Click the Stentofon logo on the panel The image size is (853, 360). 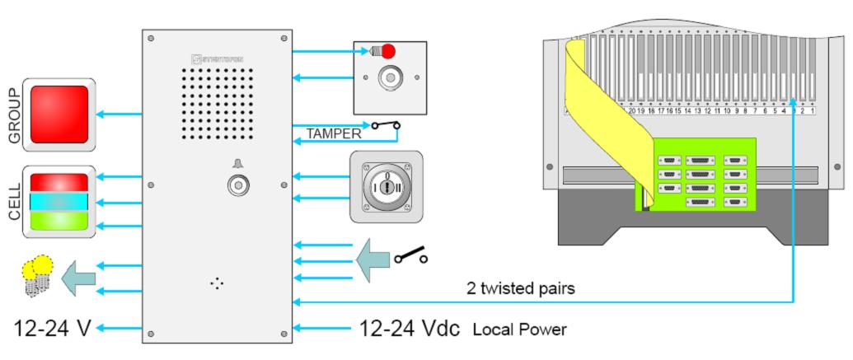(218, 58)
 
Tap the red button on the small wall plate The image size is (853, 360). (388, 52)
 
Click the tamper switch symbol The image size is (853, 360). (386, 126)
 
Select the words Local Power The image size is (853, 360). (519, 330)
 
